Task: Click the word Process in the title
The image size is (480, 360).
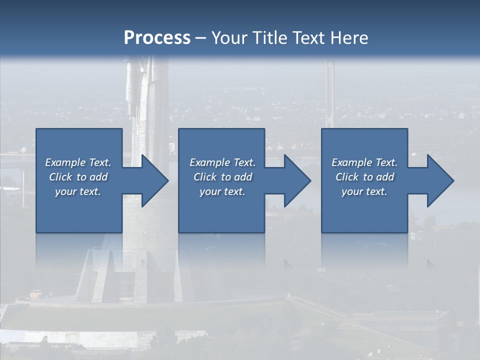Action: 157,38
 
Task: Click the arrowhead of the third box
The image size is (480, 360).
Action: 439,180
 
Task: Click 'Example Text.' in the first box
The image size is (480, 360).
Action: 78,162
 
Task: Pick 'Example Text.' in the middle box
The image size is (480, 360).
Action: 222,162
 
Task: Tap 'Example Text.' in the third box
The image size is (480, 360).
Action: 364,162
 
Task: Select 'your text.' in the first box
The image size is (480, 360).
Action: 78,191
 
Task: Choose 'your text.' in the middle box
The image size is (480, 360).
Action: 222,191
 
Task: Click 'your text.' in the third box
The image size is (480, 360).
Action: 364,191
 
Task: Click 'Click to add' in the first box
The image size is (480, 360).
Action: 78,177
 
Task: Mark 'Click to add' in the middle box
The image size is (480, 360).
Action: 222,177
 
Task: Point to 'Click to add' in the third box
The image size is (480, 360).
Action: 364,177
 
